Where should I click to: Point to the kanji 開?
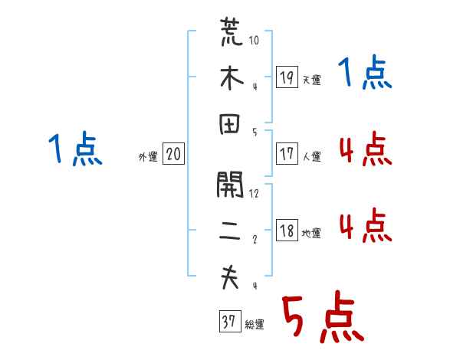tap(231, 185)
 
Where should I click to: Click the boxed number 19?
tap(287, 77)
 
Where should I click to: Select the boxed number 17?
tap(287, 154)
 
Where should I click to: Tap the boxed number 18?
tap(287, 231)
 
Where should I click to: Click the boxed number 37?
tap(228, 322)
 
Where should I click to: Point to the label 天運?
tap(311, 80)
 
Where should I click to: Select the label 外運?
tap(147, 156)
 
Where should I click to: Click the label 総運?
tap(255, 325)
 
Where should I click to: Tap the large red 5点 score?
tap(321, 318)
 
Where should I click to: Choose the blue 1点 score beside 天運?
tap(365, 75)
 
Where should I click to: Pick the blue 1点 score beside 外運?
tap(74, 150)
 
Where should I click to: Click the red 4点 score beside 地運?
tap(365, 227)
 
